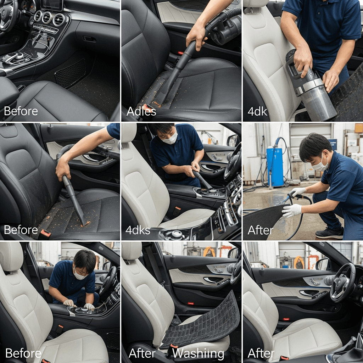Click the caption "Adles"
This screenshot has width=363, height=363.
pyautogui.click(x=141, y=111)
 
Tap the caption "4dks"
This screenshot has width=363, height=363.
pyautogui.click(x=138, y=230)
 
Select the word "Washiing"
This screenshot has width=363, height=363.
pyautogui.click(x=199, y=353)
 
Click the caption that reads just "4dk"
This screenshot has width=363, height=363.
pyautogui.click(x=257, y=112)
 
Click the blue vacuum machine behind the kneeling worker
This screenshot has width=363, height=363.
pyautogui.click(x=275, y=167)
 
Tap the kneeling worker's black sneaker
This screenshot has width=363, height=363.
pyautogui.click(x=329, y=233)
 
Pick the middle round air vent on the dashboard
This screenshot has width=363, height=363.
pyautogui.click(x=47, y=18)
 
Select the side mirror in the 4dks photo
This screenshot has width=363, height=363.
pyautogui.click(x=233, y=140)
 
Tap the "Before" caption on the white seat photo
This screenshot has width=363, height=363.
pyautogui.click(x=23, y=353)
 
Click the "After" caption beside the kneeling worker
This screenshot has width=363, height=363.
pyautogui.click(x=261, y=230)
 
